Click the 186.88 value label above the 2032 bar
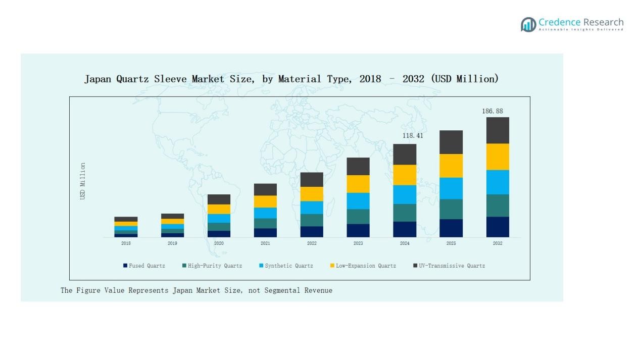(x=492, y=111)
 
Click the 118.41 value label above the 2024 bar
(x=413, y=136)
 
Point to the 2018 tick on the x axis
(x=126, y=243)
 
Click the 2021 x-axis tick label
(x=265, y=243)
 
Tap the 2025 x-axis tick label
(x=451, y=243)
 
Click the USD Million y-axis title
(x=83, y=181)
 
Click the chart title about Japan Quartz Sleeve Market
(x=291, y=79)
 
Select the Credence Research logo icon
(x=528, y=24)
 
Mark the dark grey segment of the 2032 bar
(x=498, y=130)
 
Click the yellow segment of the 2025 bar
(x=451, y=166)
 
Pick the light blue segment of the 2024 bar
(x=405, y=194)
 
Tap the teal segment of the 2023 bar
(x=358, y=216)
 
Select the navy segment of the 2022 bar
(x=312, y=231)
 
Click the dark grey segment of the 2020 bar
(x=219, y=199)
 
